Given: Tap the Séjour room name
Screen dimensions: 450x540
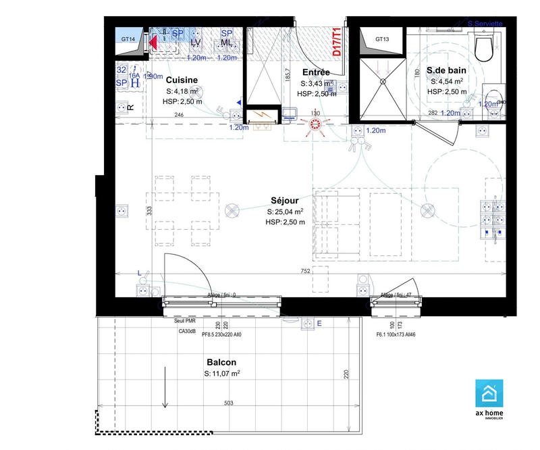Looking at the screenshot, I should point(285,201).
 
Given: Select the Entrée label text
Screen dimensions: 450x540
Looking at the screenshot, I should point(315,72).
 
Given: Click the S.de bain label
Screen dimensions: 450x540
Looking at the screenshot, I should point(446,70).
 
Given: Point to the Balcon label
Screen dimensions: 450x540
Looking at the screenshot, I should point(221,361).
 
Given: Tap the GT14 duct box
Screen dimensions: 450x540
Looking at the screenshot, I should point(128,39).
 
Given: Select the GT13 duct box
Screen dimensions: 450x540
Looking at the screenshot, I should point(383,39).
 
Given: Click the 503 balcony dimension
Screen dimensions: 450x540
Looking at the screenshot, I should point(229,403).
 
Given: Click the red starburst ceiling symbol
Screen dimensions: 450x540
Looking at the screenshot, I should point(315,124).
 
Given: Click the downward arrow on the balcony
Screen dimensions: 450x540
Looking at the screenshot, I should point(164,389).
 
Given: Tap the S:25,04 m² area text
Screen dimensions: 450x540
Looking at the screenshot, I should point(285,211).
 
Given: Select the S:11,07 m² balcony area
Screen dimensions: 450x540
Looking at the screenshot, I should point(222,373).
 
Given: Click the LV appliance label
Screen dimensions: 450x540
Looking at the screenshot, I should point(196,43).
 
